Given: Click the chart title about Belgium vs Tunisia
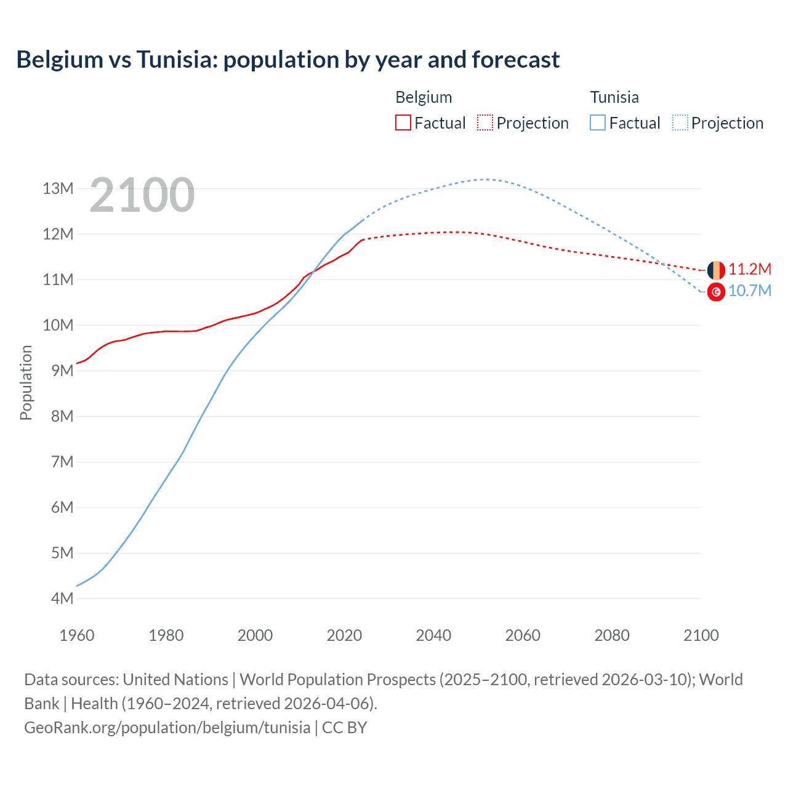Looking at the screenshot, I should pyautogui.click(x=287, y=60).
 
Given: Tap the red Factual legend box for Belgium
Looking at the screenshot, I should pyautogui.click(x=403, y=123).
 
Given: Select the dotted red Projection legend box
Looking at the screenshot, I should pyautogui.click(x=485, y=123).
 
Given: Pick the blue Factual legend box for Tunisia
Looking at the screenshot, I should pyautogui.click(x=597, y=123).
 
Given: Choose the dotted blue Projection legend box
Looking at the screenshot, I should pyautogui.click(x=680, y=123).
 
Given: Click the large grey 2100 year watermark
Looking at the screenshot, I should pyautogui.click(x=142, y=195).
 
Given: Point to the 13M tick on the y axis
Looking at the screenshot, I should pyautogui.click(x=58, y=188).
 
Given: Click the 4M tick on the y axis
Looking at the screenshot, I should pyautogui.click(x=62, y=598).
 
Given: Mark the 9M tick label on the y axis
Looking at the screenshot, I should pyautogui.click(x=62, y=371).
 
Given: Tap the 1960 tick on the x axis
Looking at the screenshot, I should pyautogui.click(x=77, y=635).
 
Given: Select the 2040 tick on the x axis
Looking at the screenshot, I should pyautogui.click(x=433, y=635).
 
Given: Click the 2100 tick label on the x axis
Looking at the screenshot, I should pyautogui.click(x=701, y=635).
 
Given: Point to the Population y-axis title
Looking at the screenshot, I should pyautogui.click(x=26, y=382).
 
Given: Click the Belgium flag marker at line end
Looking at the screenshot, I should pyautogui.click(x=716, y=270).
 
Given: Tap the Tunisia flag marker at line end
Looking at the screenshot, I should pyautogui.click(x=716, y=292).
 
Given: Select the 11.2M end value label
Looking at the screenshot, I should pyautogui.click(x=749, y=269).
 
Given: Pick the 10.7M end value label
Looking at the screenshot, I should pyautogui.click(x=749, y=291).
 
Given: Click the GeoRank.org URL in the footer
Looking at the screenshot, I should pyautogui.click(x=167, y=728).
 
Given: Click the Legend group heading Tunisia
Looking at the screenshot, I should pyautogui.click(x=614, y=97).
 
